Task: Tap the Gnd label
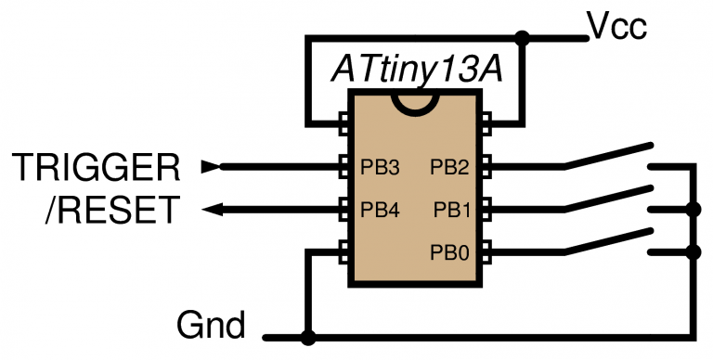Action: pyautogui.click(x=211, y=326)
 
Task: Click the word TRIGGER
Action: pyautogui.click(x=96, y=168)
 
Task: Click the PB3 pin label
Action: pyautogui.click(x=380, y=168)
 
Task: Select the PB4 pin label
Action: pyautogui.click(x=380, y=210)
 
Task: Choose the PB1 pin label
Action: pyautogui.click(x=454, y=210)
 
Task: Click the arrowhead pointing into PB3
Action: pyautogui.click(x=213, y=167)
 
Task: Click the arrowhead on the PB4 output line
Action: pyautogui.click(x=213, y=210)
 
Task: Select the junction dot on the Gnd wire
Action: pyautogui.click(x=307, y=338)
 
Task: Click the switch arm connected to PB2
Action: pyautogui.click(x=608, y=156)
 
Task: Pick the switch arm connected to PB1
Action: pyautogui.click(x=608, y=198)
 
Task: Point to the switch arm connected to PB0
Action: pyautogui.click(x=608, y=239)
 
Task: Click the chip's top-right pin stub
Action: pyautogui.click(x=486, y=125)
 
